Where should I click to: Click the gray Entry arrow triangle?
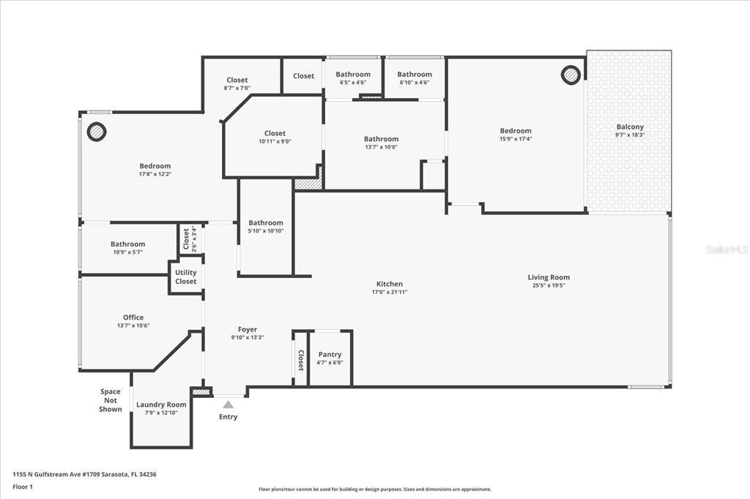229,405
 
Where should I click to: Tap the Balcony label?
630,127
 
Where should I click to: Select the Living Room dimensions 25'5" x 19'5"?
549,285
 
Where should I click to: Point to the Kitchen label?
390,284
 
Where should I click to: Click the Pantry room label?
330,354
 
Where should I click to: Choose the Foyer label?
248,329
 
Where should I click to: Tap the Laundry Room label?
161,405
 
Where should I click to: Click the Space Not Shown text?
111,400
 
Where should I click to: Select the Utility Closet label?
185,277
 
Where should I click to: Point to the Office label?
133,318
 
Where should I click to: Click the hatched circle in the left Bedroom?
97,132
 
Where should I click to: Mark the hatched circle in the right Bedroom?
571,75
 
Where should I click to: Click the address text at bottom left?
85,475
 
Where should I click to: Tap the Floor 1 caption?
23,487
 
